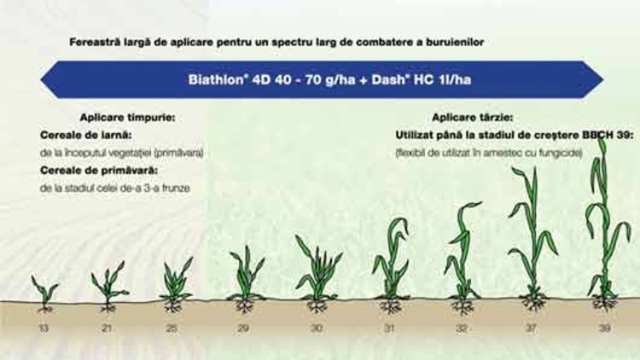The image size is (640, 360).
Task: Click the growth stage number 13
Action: tap(44, 328)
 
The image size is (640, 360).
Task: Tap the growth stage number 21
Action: tap(107, 328)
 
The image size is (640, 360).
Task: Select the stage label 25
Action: tap(172, 328)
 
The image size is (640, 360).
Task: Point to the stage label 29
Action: tap(243, 328)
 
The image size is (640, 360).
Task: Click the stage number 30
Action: tap(317, 328)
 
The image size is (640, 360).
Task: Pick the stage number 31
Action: tap(389, 328)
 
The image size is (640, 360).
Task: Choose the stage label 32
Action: tap(462, 328)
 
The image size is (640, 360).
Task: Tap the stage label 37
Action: tap(531, 328)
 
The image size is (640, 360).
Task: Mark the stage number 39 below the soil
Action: tap(604, 328)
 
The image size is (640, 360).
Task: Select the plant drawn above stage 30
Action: tap(317, 277)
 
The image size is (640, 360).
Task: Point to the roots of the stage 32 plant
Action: tap(463, 305)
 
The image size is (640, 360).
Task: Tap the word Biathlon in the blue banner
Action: tap(217, 79)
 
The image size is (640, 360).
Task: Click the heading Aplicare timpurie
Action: tap(127, 118)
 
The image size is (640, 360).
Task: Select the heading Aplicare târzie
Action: tap(473, 118)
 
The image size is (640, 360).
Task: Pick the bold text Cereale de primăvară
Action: tap(99, 171)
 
